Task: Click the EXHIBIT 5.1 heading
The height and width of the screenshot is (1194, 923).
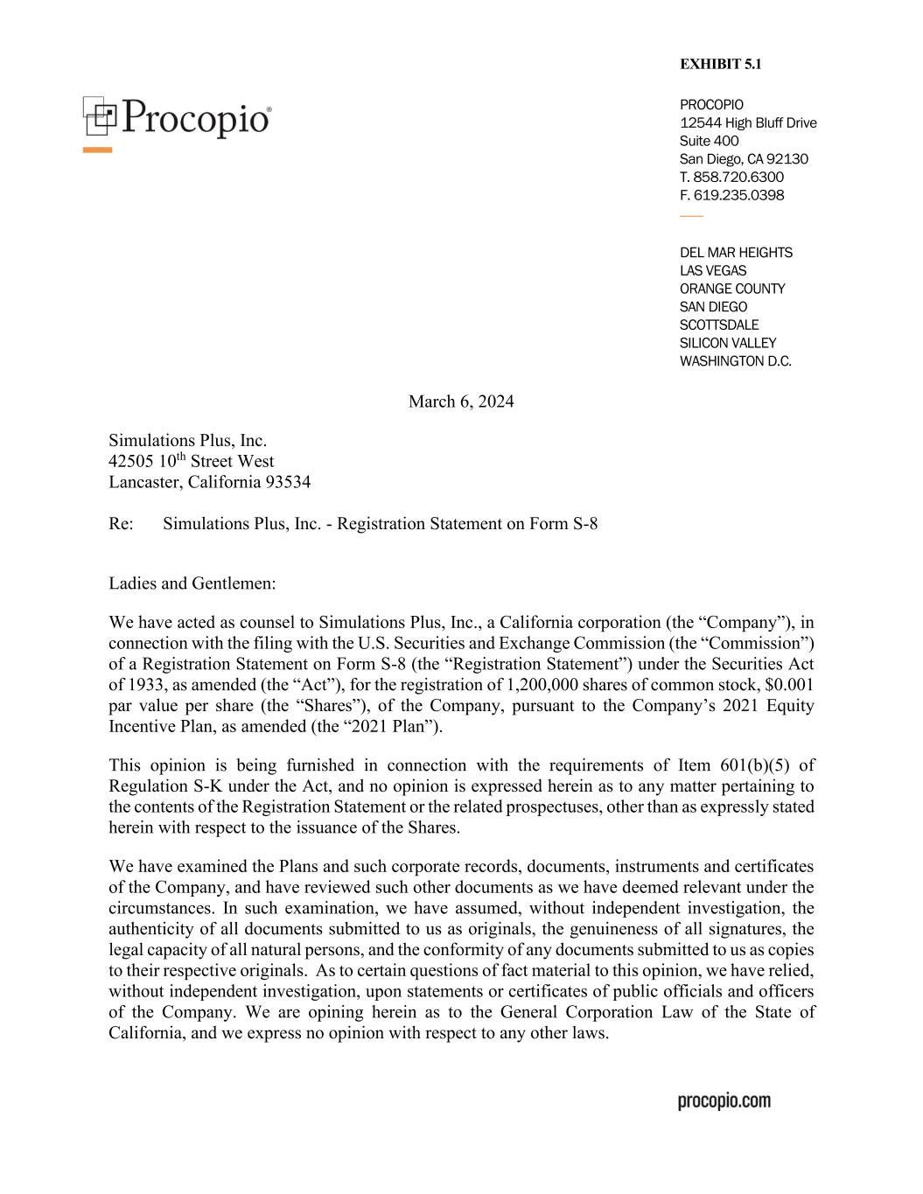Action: (720, 64)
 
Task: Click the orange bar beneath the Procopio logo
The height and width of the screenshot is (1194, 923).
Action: (98, 150)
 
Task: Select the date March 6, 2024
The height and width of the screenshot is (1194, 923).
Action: (461, 401)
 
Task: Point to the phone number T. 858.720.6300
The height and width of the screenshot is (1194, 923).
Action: (731, 177)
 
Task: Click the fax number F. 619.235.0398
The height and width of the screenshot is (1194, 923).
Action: (731, 195)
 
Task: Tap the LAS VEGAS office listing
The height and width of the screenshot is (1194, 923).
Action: (713, 271)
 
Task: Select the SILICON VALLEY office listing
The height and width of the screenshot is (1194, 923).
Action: (727, 343)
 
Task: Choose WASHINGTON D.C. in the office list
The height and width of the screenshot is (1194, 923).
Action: (735, 361)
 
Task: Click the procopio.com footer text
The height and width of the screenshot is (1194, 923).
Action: (724, 1100)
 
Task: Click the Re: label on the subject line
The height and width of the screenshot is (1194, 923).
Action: (121, 524)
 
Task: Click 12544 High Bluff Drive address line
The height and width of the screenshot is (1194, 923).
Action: (748, 122)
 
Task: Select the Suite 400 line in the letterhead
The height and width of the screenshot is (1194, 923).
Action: (709, 141)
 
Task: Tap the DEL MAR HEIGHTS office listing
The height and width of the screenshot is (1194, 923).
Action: (736, 253)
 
